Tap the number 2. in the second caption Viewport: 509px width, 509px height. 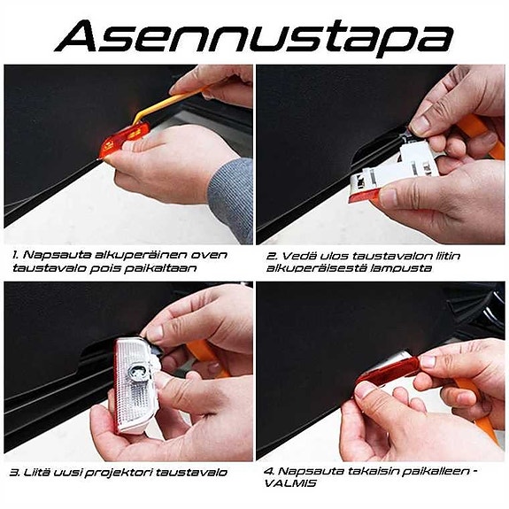click(x=272, y=254)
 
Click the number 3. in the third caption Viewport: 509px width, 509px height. click(x=15, y=472)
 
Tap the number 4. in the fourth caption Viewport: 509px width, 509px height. click(x=272, y=471)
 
